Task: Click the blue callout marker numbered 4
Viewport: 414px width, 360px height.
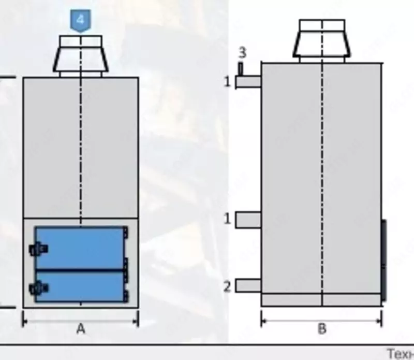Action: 80,21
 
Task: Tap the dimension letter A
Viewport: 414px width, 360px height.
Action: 81,328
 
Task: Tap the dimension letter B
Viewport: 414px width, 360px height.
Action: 321,328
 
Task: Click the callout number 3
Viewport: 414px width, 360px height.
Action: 242,52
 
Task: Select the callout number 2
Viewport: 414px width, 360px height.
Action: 227,286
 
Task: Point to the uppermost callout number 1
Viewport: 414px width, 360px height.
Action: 227,81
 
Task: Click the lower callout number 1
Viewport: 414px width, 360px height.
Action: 227,219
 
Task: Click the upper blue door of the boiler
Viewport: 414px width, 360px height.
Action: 80,248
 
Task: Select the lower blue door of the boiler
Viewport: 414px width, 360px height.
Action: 80,286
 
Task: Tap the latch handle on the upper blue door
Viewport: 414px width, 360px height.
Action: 38,249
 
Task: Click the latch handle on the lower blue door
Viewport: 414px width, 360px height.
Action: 38,287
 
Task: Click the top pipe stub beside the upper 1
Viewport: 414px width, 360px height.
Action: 248,82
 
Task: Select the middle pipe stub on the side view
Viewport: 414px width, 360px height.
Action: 248,220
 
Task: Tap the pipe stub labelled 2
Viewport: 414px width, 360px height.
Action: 248,286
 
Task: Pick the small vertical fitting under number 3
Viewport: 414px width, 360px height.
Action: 241,68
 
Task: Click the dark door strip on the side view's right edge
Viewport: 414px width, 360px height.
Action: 384,260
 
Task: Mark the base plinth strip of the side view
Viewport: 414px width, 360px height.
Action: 321,300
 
